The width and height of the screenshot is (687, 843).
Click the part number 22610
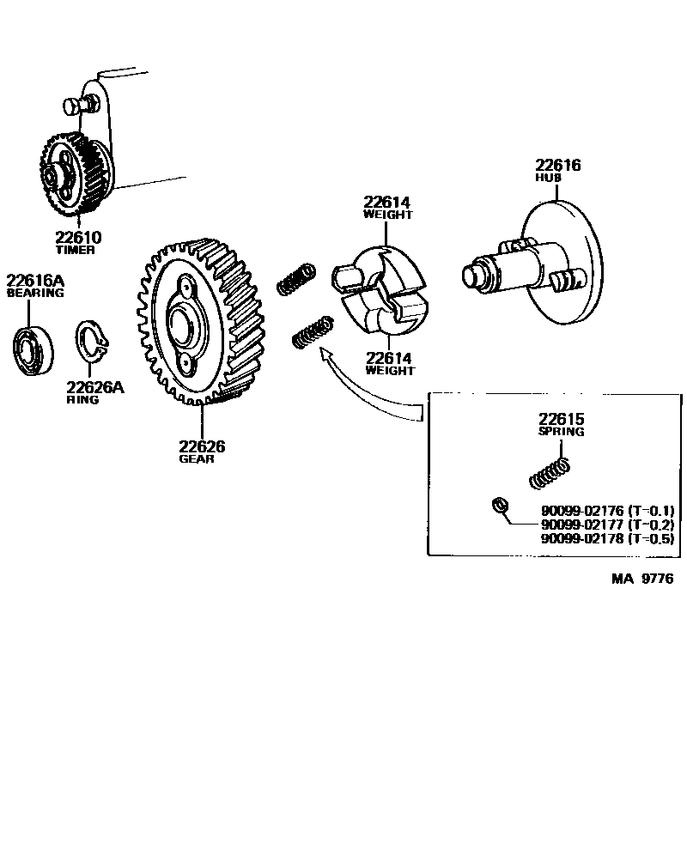point(78,238)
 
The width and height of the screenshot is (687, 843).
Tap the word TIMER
point(76,251)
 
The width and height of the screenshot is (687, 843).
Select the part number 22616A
point(35,280)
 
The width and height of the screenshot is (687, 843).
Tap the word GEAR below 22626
point(197,459)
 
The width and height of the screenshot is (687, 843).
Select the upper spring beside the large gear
point(295,280)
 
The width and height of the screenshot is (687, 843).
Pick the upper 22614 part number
point(387,203)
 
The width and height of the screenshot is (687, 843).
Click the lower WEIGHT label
point(389,371)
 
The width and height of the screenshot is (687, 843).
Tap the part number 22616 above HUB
point(558,165)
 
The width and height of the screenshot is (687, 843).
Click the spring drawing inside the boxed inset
point(550,470)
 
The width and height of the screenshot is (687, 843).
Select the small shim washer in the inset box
point(496,505)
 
